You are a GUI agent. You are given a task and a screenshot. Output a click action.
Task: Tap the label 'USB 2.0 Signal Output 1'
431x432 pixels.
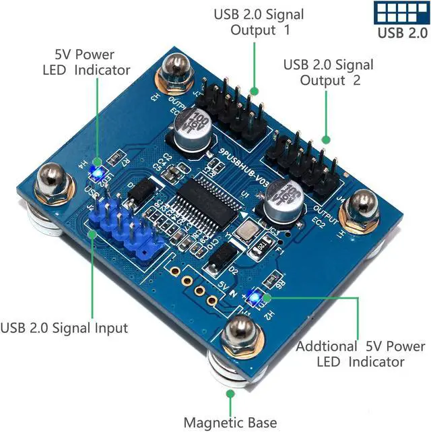click(x=259, y=22)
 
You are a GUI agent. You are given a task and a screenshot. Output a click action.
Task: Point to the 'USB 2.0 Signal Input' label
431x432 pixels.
click(x=64, y=328)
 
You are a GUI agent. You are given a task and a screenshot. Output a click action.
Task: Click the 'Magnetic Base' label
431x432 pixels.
click(x=230, y=423)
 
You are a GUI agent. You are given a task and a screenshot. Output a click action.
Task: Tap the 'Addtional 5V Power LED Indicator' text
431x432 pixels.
click(x=361, y=353)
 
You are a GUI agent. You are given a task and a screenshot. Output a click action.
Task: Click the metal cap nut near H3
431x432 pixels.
click(x=174, y=72)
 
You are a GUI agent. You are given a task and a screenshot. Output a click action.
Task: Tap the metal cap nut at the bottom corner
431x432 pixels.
click(x=239, y=335)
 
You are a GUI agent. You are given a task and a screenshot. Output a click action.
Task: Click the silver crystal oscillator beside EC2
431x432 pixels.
click(x=247, y=230)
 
